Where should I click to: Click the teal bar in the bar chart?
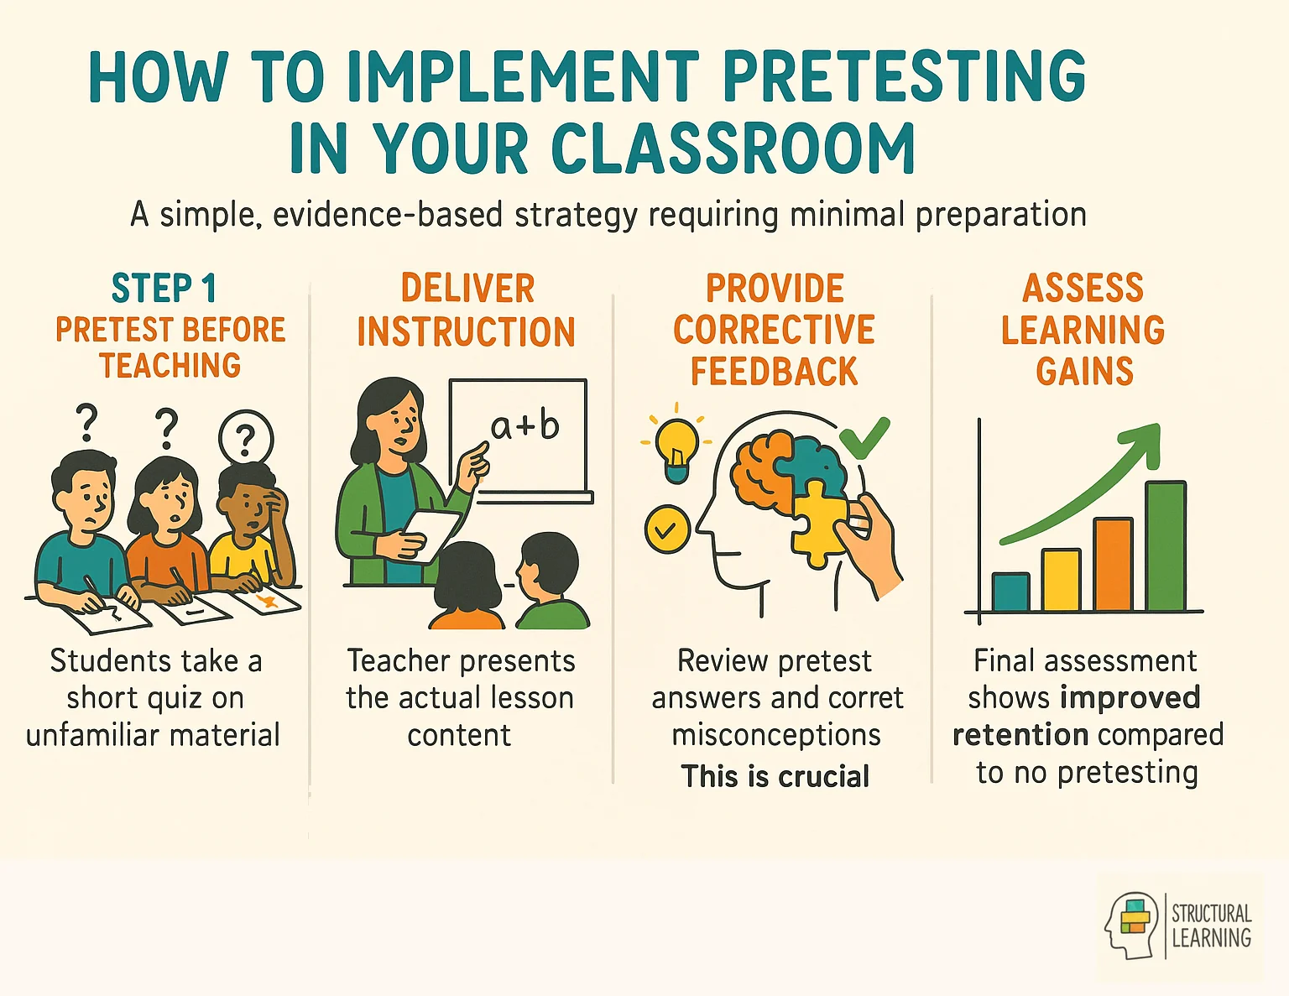click(x=1010, y=592)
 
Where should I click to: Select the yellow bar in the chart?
click(x=1061, y=580)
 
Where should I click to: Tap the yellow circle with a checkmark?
click(x=667, y=529)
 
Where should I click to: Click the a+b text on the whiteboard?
click(x=525, y=426)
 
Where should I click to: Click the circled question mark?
click(x=245, y=437)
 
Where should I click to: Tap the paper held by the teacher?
click(x=431, y=534)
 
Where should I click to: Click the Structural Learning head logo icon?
click(x=1132, y=926)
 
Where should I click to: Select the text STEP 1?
click(x=164, y=289)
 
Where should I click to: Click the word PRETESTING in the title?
click(x=904, y=77)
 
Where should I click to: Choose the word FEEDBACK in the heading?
click(x=774, y=372)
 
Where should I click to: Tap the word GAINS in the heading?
click(x=1084, y=372)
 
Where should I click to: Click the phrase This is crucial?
click(x=775, y=776)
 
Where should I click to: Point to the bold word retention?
click(x=1020, y=735)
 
